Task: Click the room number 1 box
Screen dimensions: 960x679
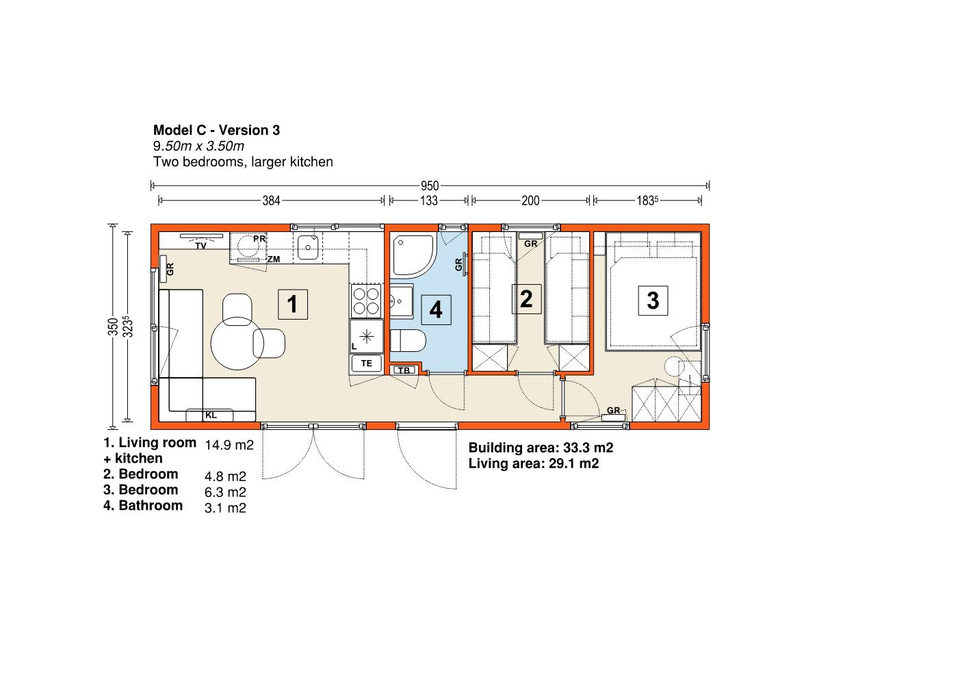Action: pos(293,305)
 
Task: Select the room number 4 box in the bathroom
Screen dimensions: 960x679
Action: pos(436,309)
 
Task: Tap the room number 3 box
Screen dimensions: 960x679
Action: pos(653,300)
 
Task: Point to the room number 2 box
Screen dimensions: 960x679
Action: pos(527,299)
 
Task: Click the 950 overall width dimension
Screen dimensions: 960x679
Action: pos(430,186)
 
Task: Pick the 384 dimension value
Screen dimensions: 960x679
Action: pos(271,201)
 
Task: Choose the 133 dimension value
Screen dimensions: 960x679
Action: pos(428,201)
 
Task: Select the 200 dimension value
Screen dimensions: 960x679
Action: pos(530,201)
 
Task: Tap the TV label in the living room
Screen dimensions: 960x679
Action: pos(201,246)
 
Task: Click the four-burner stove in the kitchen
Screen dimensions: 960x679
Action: pos(366,301)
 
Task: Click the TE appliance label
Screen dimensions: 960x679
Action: pos(367,363)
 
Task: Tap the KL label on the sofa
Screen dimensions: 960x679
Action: pos(211,415)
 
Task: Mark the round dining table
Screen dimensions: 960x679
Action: pos(237,343)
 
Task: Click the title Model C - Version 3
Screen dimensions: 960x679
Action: pos(216,130)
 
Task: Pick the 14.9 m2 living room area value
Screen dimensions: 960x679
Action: pos(229,445)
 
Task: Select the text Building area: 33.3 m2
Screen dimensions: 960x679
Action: pos(541,448)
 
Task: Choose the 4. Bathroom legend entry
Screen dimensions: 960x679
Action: pos(143,505)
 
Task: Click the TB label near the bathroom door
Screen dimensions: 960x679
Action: pos(404,370)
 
